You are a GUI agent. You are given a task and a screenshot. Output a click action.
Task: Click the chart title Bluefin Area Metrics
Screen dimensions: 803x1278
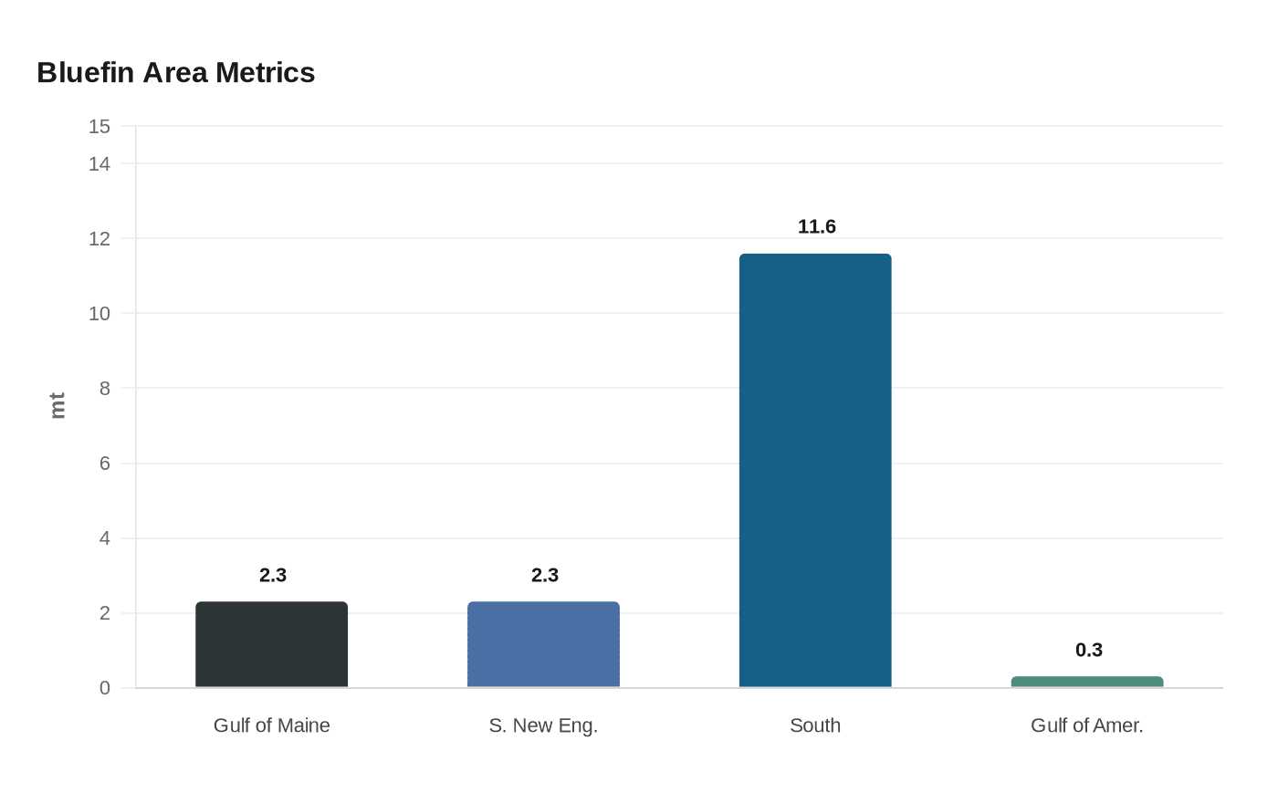click(x=175, y=72)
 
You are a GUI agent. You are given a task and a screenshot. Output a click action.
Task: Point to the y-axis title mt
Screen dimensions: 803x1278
click(x=58, y=405)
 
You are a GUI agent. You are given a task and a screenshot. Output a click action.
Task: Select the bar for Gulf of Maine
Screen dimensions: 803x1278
click(x=271, y=644)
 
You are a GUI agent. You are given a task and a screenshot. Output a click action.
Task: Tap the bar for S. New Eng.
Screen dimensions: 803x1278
click(x=543, y=644)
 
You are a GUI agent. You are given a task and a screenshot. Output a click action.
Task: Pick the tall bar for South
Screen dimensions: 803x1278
click(x=815, y=470)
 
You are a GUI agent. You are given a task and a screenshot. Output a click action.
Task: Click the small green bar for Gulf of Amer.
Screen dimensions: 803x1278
click(x=1087, y=682)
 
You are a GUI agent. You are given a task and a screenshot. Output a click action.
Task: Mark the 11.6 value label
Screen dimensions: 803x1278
click(x=816, y=226)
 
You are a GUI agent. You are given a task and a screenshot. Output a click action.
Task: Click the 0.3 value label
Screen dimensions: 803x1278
click(x=1088, y=650)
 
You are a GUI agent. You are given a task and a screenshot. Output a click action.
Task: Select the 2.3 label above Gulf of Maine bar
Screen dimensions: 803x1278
click(x=272, y=575)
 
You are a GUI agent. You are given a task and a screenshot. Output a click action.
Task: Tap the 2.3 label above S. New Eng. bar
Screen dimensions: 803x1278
click(x=544, y=575)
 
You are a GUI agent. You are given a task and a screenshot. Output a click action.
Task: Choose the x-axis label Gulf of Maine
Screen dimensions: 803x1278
click(x=271, y=725)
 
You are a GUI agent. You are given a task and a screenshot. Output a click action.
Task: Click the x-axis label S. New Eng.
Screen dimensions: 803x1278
click(x=543, y=725)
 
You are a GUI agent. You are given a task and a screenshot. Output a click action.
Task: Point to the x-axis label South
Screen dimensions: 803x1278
click(x=815, y=725)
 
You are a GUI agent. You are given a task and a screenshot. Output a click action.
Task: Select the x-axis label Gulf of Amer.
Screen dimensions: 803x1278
click(x=1086, y=725)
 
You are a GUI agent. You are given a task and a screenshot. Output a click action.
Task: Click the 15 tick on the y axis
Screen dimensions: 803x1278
click(x=100, y=127)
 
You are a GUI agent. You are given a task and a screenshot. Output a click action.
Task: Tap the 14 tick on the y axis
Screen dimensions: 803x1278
click(x=100, y=164)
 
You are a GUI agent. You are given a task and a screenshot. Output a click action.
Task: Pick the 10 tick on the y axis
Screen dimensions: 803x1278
click(x=100, y=314)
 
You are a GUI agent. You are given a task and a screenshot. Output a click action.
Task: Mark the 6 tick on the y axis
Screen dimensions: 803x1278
click(x=104, y=464)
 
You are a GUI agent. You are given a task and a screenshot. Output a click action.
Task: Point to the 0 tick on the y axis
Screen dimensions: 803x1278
click(x=104, y=688)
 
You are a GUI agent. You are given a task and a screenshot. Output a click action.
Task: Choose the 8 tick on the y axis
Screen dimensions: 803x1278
click(x=104, y=389)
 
